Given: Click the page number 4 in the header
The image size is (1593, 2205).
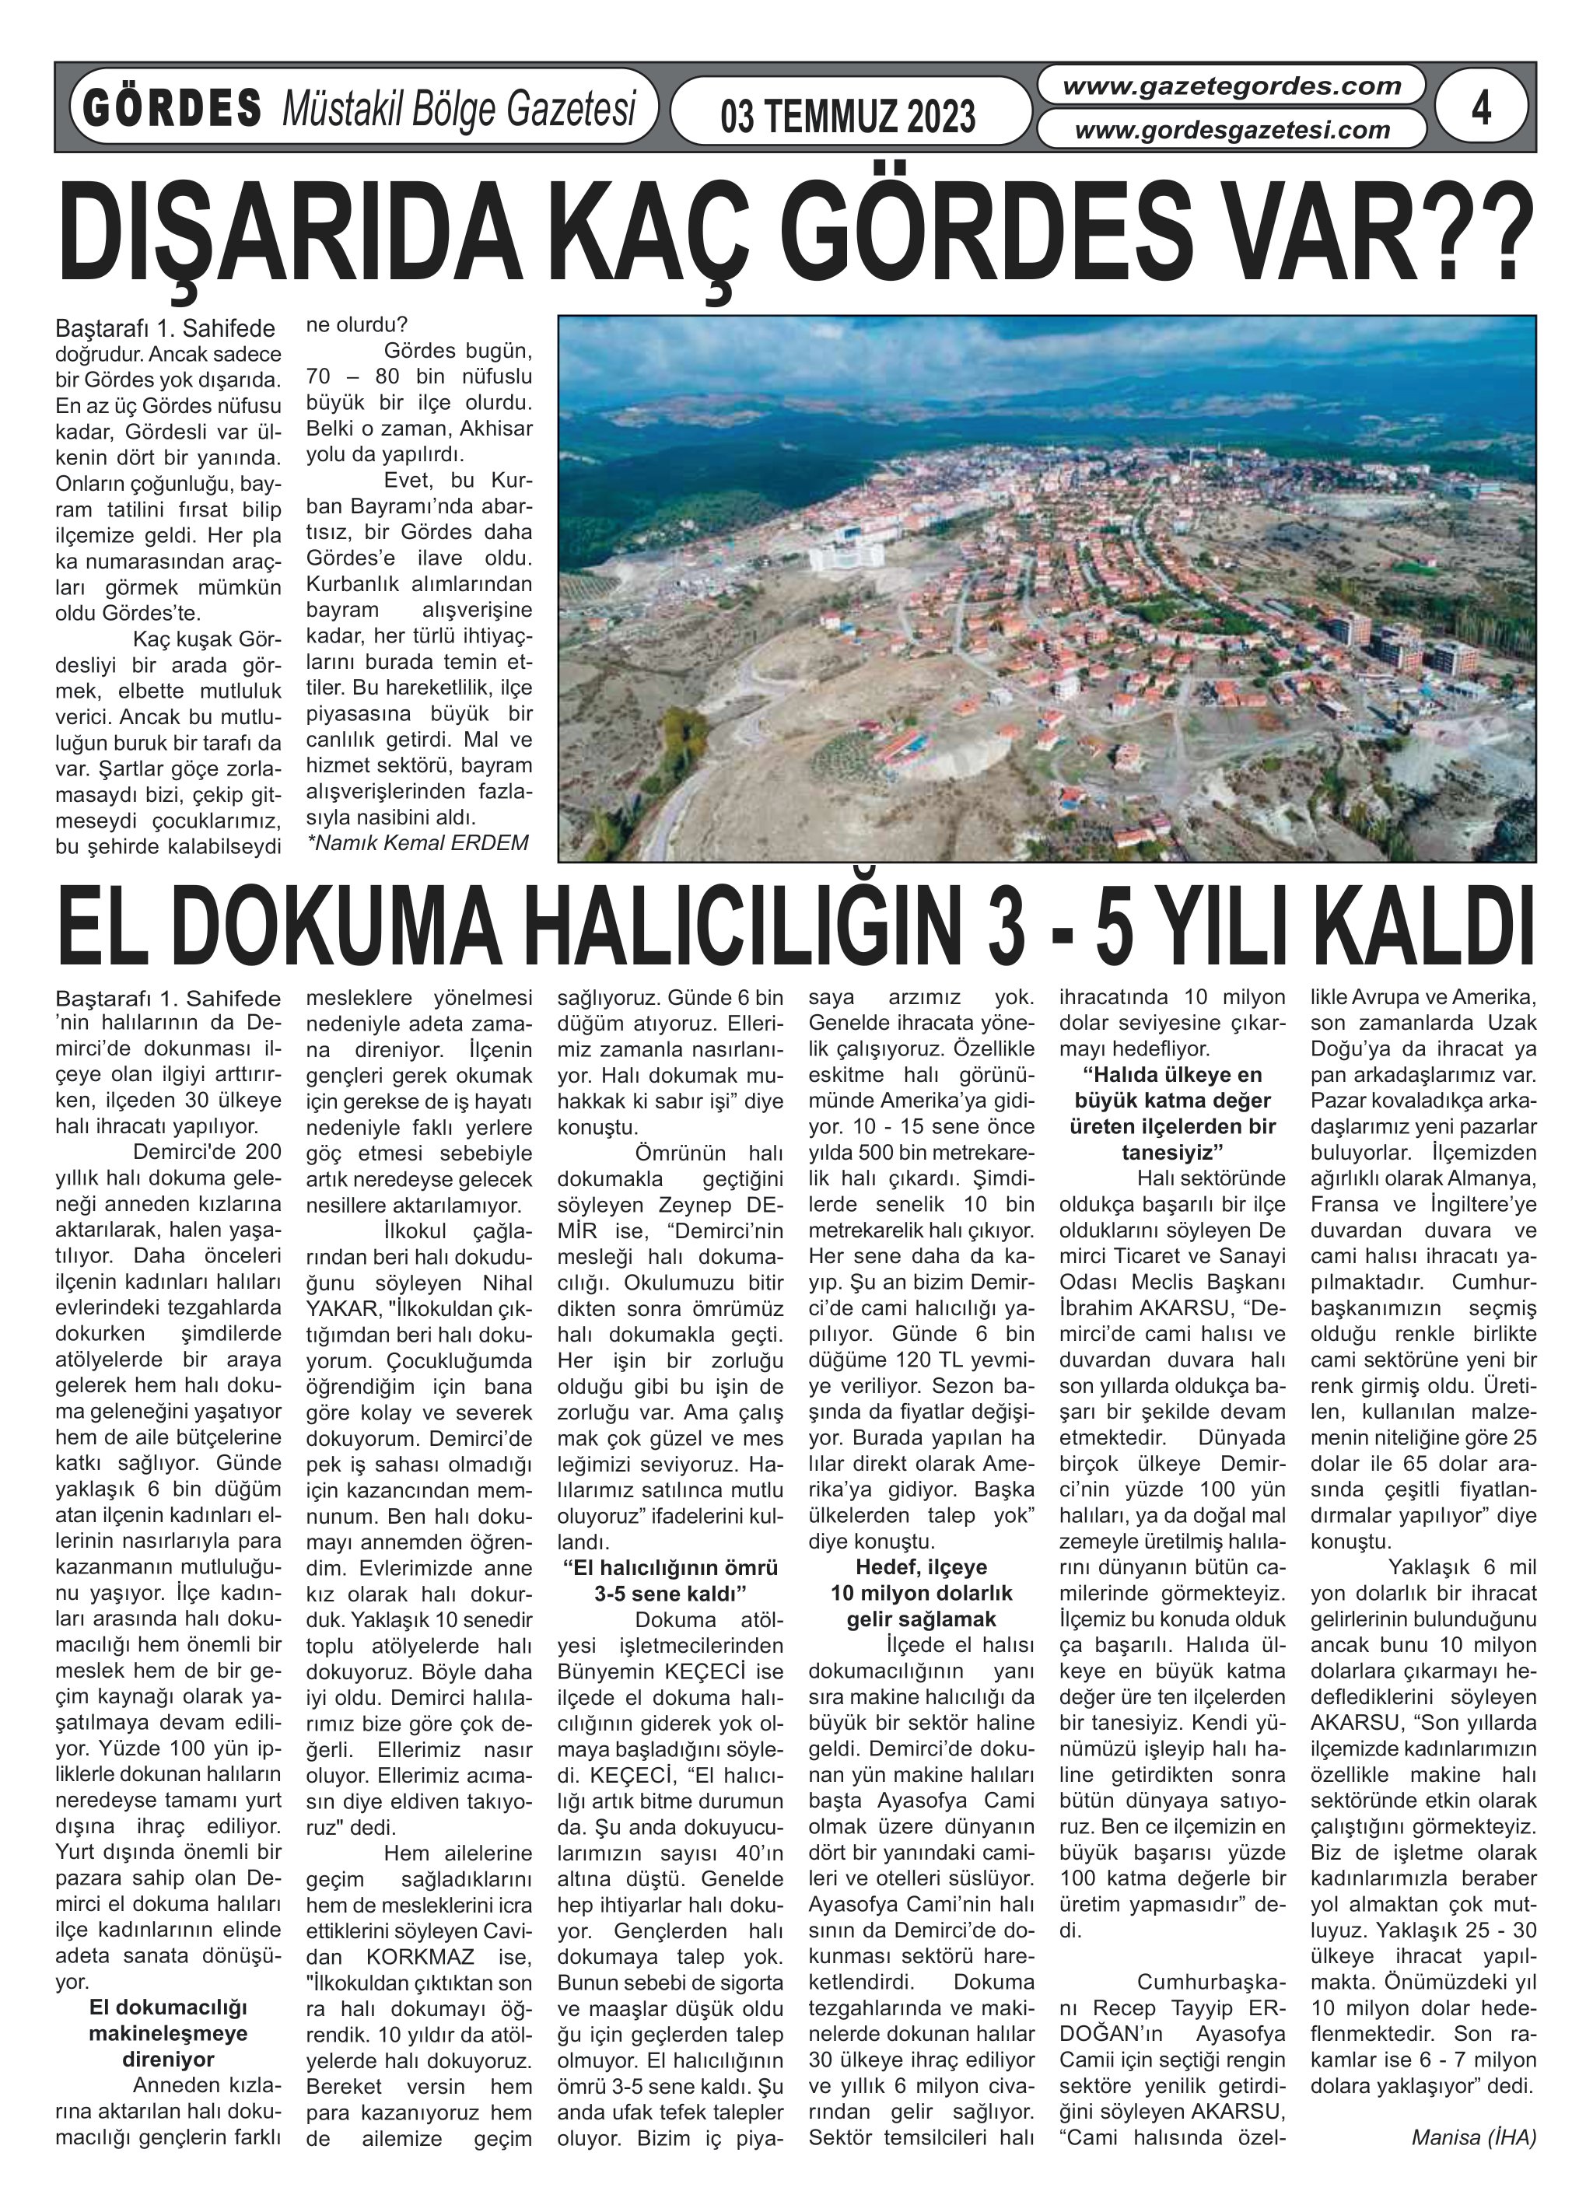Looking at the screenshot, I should [x=1480, y=108].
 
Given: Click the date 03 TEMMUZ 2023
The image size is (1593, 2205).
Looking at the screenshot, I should [x=847, y=117].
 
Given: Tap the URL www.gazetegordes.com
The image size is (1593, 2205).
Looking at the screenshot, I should [x=1231, y=86].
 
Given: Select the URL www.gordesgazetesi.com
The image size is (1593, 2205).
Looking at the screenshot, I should [x=1231, y=129].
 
